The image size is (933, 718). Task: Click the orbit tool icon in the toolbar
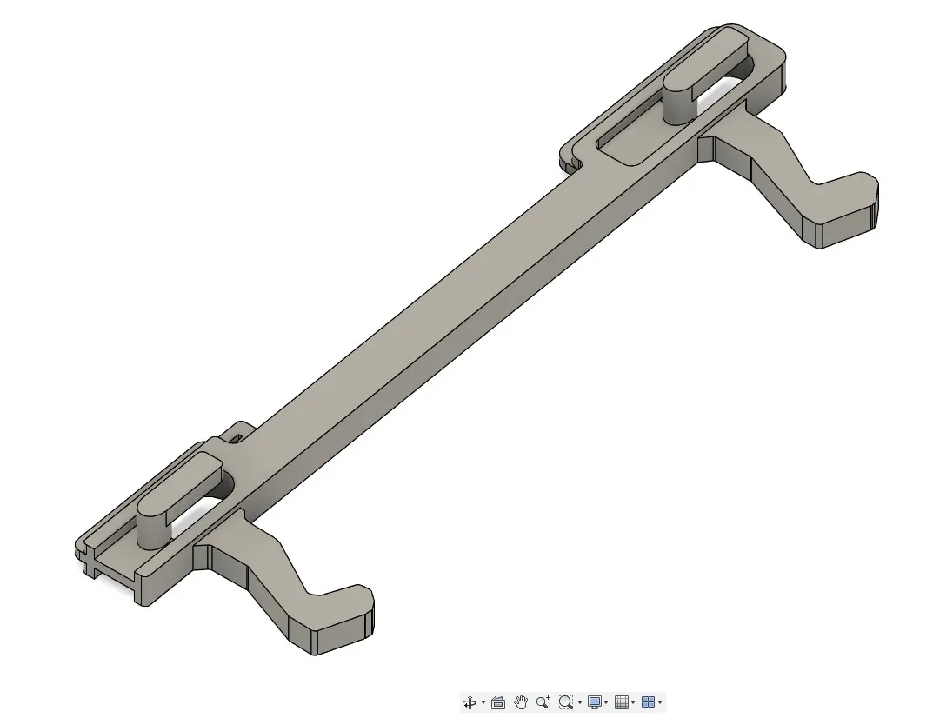click(x=469, y=702)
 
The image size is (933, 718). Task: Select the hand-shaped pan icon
click(x=521, y=702)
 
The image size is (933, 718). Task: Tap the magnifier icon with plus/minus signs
click(x=543, y=702)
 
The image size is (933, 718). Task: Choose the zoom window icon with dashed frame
click(x=566, y=702)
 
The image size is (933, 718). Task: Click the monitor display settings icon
click(x=595, y=702)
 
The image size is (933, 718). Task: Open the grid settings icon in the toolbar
click(x=621, y=702)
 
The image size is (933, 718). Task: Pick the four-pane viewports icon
click(x=648, y=702)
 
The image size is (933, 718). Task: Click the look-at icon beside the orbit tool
click(x=498, y=702)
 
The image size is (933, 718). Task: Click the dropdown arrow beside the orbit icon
click(x=483, y=703)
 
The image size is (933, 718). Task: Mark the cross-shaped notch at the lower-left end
click(x=90, y=565)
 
